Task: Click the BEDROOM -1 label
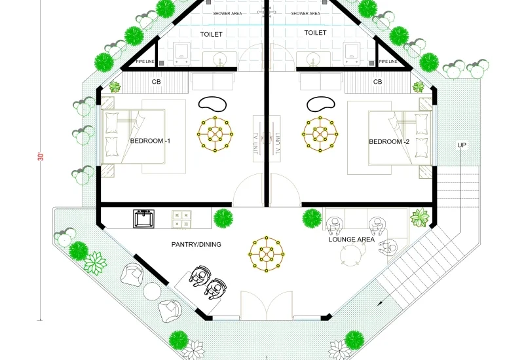(150, 141)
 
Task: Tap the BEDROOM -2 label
(389, 141)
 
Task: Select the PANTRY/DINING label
(196, 244)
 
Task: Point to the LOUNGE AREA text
(351, 240)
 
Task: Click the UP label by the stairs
(462, 145)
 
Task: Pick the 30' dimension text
(41, 156)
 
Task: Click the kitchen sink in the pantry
(143, 219)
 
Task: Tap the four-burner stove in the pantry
(181, 219)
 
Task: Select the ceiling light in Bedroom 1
(215, 134)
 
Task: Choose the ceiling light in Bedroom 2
(320, 134)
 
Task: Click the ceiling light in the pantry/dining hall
(267, 254)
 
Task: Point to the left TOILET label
(211, 34)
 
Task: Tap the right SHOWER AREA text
(305, 13)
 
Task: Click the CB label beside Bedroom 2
(378, 82)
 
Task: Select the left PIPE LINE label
(145, 62)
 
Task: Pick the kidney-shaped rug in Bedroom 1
(212, 103)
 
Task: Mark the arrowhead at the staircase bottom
(380, 303)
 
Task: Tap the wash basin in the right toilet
(313, 59)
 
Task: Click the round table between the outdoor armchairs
(152, 291)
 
